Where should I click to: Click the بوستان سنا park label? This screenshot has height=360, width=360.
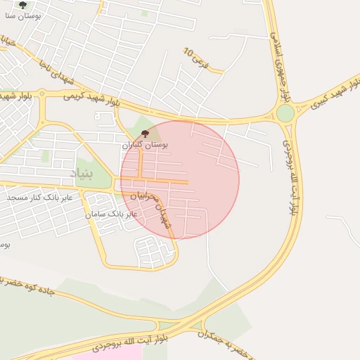pyautogui.click(x=23, y=14)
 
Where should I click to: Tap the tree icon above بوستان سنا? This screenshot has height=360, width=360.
pyautogui.click(x=22, y=4)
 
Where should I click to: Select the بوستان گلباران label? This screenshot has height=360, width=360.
pyautogui.click(x=146, y=143)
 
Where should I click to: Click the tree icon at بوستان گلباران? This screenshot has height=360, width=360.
pyautogui.click(x=146, y=133)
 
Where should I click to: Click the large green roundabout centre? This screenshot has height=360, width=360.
pyautogui.click(x=285, y=113)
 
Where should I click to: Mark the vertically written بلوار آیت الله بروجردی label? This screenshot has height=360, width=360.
pyautogui.click(x=291, y=176)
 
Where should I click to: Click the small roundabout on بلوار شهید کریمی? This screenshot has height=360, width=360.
pyautogui.click(x=42, y=94)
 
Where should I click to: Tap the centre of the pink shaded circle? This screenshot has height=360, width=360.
pyautogui.click(x=180, y=180)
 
